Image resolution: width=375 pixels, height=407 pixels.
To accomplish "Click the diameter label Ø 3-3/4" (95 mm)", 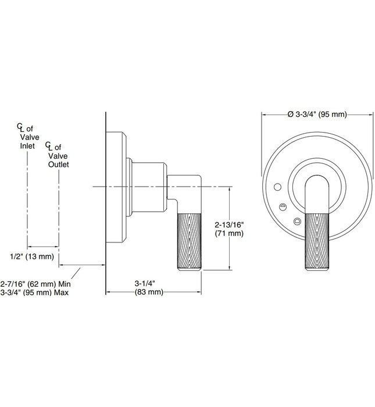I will (x=317, y=114).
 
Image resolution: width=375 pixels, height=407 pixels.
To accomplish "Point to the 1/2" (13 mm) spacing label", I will (x=32, y=256).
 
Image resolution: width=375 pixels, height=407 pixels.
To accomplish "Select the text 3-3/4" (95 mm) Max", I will (x=35, y=292).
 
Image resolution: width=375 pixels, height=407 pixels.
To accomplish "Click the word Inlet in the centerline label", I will (x=27, y=145).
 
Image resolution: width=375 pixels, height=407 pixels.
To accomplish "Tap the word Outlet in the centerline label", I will (x=58, y=165).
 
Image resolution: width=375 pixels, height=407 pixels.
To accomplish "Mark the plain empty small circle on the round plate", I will (x=277, y=187).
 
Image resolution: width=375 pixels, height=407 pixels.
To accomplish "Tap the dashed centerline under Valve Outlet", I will (x=58, y=215).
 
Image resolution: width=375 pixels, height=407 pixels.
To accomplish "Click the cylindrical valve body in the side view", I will (x=148, y=185).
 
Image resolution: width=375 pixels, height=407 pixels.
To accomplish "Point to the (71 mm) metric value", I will (x=228, y=233).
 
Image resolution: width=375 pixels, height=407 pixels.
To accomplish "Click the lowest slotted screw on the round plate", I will (x=298, y=221).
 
